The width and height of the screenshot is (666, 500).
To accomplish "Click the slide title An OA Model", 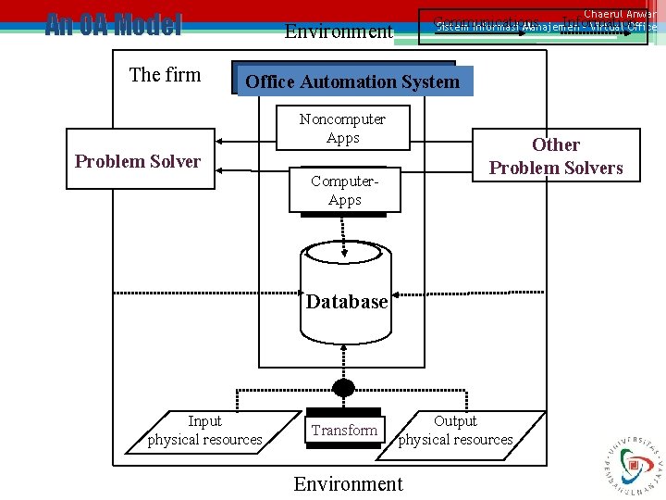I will point(114,25).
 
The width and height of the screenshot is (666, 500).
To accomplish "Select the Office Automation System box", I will point(352,81).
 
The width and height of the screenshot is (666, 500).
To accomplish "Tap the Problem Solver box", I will point(138,161).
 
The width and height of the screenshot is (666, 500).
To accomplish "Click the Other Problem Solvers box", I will point(556,156).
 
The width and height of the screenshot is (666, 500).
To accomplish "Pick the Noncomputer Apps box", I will point(343,129).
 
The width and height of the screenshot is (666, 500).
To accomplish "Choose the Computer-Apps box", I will point(344,191).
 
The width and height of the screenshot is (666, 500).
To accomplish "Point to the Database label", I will point(347,302).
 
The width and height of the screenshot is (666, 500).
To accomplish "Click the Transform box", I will point(344,430).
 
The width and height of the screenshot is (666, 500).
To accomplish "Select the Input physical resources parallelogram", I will point(204,431).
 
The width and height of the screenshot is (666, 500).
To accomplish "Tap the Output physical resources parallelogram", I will point(455,431).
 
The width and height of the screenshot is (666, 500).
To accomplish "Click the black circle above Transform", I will point(344,388).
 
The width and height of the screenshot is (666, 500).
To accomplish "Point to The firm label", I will point(165,75).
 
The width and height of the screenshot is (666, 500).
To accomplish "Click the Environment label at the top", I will point(339,31).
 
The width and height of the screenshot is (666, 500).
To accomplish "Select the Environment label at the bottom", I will point(348,483).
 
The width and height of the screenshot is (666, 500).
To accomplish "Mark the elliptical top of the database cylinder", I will point(343,252).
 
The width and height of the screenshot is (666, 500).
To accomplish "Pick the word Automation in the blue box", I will point(352,81).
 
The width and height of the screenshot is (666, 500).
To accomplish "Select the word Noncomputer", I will point(343,119).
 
